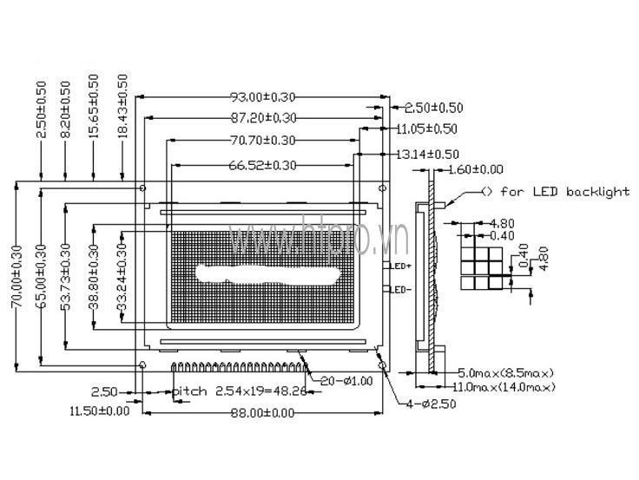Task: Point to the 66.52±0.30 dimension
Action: pyautogui.click(x=261, y=164)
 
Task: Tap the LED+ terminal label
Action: pyautogui.click(x=401, y=265)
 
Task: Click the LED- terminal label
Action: pyautogui.click(x=401, y=289)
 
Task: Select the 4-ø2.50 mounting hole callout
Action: pyautogui.click(x=431, y=404)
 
